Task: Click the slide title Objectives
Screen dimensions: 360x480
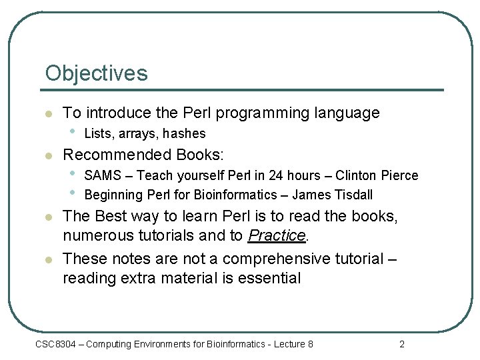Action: coord(96,73)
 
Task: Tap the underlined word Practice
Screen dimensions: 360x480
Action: coord(277,235)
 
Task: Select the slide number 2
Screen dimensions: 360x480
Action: coord(401,344)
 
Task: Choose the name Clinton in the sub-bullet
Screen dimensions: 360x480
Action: coord(357,175)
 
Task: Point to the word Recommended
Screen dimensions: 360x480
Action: coord(117,155)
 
